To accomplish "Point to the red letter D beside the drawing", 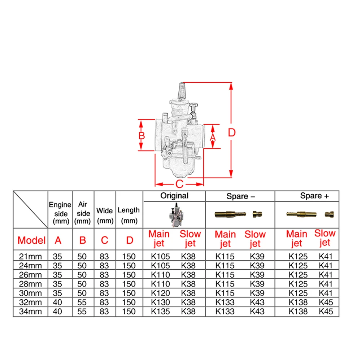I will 232,132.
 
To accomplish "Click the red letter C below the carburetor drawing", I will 179,184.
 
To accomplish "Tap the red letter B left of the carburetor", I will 142,136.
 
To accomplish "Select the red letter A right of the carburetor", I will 213,138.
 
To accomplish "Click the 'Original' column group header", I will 174,196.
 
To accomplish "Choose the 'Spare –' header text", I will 241,196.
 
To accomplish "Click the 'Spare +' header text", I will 314,196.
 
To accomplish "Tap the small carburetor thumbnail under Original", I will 174,215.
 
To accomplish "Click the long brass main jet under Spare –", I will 230,214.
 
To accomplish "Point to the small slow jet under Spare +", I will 329,214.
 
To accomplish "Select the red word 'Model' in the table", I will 31,240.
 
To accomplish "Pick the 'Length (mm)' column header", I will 129,215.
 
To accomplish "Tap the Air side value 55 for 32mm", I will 82,302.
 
